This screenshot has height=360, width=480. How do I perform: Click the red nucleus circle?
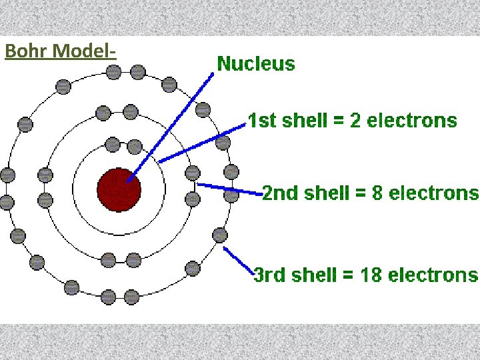pos(119,189)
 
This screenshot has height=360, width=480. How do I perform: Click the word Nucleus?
pos(256,64)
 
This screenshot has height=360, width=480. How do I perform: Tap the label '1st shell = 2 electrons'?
pos(352,121)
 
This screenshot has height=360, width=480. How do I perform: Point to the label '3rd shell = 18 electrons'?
pos(366,275)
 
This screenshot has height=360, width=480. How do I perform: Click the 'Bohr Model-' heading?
pos(60,51)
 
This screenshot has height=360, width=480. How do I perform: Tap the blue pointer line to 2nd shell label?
pos(230,189)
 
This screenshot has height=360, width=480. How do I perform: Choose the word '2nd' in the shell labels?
pos(279,193)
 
